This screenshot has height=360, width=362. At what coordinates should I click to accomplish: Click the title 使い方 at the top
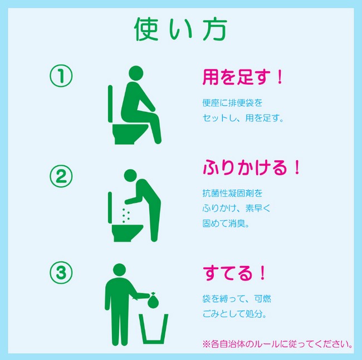coord(180,29)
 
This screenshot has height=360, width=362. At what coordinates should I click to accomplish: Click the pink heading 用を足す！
coord(243,77)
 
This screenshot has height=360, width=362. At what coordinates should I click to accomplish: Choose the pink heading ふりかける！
coord(251,167)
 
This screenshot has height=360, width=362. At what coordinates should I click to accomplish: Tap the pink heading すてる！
coord(234,273)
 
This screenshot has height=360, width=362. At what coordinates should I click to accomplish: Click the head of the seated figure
coord(136,73)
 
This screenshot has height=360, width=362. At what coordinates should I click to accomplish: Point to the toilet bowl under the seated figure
coord(130,134)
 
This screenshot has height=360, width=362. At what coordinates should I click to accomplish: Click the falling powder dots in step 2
coord(126,216)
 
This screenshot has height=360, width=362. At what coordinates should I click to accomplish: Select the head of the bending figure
coord(130,176)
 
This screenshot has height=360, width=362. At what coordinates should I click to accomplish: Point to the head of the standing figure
coord(119,270)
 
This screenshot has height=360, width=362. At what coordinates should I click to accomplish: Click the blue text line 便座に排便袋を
coord(232,102)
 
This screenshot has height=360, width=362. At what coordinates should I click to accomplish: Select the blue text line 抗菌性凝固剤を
coord(232,193)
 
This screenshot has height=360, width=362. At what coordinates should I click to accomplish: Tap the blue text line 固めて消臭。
coord(226,223)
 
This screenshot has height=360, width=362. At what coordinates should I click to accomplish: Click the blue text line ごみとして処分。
coord(234,314)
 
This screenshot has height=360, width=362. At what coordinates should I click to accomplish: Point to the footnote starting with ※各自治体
coord(277,344)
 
